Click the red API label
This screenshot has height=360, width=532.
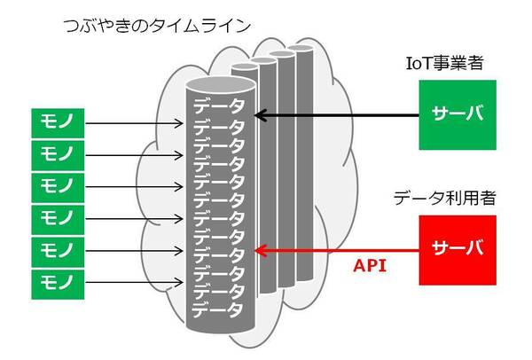pyautogui.click(x=370, y=265)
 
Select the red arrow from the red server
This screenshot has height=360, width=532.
pyautogui.click(x=337, y=250)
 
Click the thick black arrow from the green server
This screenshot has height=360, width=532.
pyautogui.click(x=337, y=114)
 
